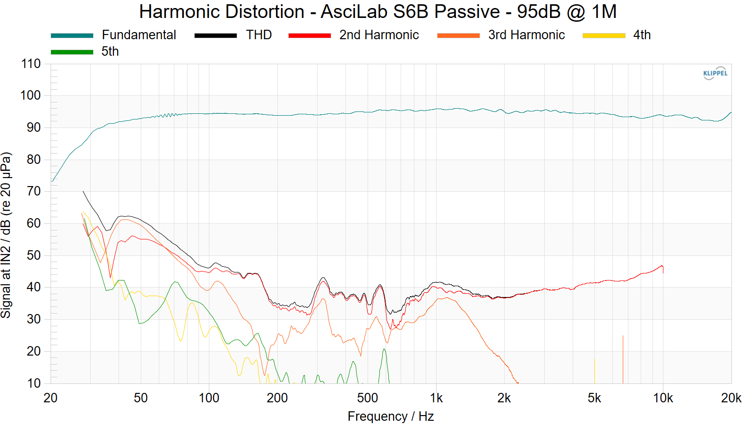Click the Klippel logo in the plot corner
(715, 73)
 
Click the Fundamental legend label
(138, 35)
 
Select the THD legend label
(258, 35)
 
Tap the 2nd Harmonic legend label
(379, 35)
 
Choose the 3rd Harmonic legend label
(526, 35)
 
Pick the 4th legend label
(642, 35)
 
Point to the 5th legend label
(110, 51)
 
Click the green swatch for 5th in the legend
(72, 52)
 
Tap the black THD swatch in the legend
(215, 35)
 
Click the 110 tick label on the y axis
(31, 64)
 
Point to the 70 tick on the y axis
(34, 191)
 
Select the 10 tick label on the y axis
(34, 383)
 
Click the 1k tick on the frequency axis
(436, 398)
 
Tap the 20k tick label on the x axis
(731, 398)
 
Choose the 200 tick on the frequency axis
(277, 398)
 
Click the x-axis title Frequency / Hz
(390, 416)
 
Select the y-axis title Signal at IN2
(6, 235)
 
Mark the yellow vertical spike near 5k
(594, 371)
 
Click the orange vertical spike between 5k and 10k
(623, 359)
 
